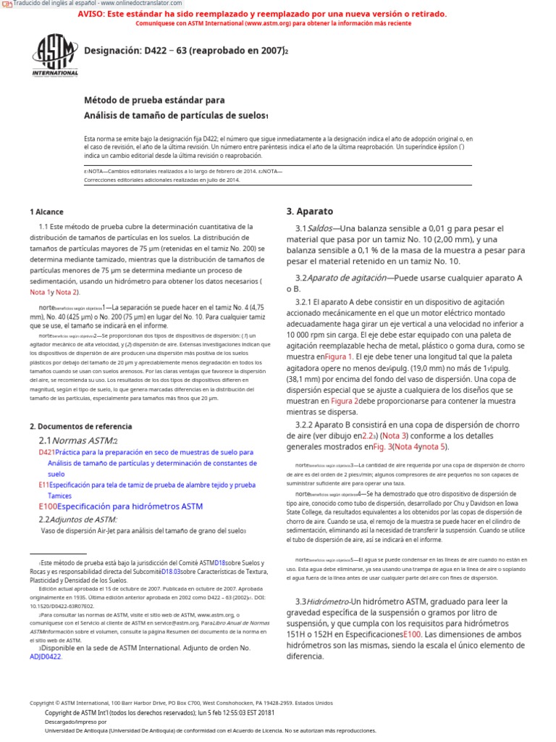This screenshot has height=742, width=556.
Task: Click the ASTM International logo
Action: pyautogui.click(x=54, y=55)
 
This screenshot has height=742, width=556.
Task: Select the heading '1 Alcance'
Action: pyautogui.click(x=46, y=212)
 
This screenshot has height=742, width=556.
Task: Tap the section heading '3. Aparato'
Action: pyautogui.click(x=309, y=212)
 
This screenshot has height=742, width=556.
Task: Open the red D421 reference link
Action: pyautogui.click(x=46, y=451)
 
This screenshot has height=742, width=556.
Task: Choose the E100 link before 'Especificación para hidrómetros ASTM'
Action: pyautogui.click(x=47, y=507)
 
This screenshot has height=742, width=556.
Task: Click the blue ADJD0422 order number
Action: pyautogui.click(x=45, y=656)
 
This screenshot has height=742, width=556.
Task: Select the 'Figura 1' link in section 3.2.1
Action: pyautogui.click(x=339, y=357)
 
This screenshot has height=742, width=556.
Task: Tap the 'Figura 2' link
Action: pyautogui.click(x=345, y=401)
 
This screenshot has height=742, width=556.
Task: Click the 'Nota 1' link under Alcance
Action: pyautogui.click(x=41, y=292)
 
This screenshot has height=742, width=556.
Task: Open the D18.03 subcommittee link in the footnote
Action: pyautogui.click(x=173, y=571)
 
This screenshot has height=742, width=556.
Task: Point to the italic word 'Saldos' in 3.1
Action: pyautogui.click(x=321, y=229)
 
